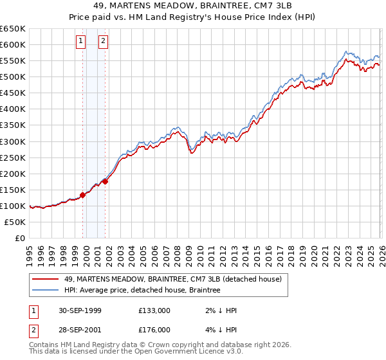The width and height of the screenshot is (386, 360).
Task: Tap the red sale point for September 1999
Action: pyautogui.click(x=83, y=195)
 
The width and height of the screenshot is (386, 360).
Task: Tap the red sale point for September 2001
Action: pyautogui.click(x=106, y=181)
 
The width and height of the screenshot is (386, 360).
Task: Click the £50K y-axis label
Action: pyautogui.click(x=15, y=222)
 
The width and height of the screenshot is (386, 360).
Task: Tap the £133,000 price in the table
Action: pyautogui.click(x=154, y=310)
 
